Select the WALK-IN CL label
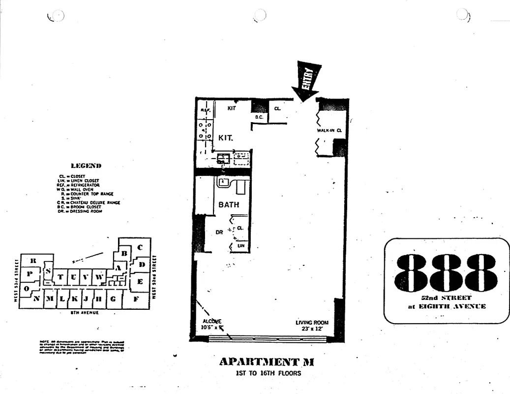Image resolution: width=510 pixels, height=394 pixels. [x=329, y=131]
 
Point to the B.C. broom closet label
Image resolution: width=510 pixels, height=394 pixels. [x=259, y=117]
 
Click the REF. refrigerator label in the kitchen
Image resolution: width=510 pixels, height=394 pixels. [x=205, y=111]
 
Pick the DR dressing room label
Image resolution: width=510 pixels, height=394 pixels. [x=220, y=232]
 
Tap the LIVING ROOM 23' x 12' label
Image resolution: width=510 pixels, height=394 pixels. [x=312, y=325]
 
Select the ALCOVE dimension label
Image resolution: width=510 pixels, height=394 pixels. [x=211, y=325]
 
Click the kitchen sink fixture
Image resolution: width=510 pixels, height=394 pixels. [x=224, y=159]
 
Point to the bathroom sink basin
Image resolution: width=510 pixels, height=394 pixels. [x=223, y=183]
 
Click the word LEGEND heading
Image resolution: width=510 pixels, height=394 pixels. [x=86, y=166]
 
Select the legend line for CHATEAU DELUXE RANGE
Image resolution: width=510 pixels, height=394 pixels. [x=89, y=202]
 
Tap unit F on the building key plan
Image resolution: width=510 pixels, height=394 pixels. [x=136, y=298]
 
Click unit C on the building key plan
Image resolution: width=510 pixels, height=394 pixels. [x=140, y=247]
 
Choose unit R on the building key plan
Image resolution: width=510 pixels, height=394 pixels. [x=33, y=261]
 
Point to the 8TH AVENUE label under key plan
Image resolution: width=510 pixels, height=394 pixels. [x=85, y=313]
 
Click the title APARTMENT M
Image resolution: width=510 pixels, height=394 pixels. [x=266, y=362]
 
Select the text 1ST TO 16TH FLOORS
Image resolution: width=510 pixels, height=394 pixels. [x=268, y=373]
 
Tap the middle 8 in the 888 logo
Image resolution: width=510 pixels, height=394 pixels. [x=446, y=272]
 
